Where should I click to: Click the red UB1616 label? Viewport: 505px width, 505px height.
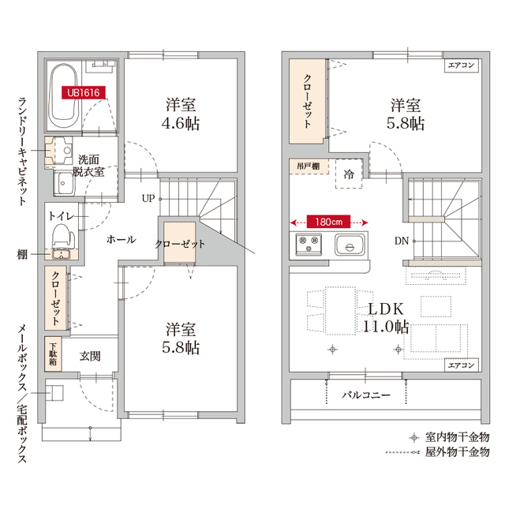[x=83, y=92]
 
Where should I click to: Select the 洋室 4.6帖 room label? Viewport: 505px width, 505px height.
[x=181, y=114]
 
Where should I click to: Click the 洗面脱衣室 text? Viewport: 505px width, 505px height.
[x=88, y=164]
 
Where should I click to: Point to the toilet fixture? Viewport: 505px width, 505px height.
[x=61, y=234]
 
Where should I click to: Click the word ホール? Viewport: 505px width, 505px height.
[x=120, y=239]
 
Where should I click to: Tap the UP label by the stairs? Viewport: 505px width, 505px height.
[x=148, y=198]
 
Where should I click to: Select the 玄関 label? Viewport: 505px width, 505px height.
[x=90, y=356]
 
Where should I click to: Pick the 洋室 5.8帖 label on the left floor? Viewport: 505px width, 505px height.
[x=181, y=338]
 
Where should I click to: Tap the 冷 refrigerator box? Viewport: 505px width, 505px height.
[x=348, y=174]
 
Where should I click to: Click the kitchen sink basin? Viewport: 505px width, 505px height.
[x=348, y=245]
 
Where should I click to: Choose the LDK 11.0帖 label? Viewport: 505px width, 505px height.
[x=385, y=317]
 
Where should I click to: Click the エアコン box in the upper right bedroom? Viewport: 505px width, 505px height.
[x=461, y=65]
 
